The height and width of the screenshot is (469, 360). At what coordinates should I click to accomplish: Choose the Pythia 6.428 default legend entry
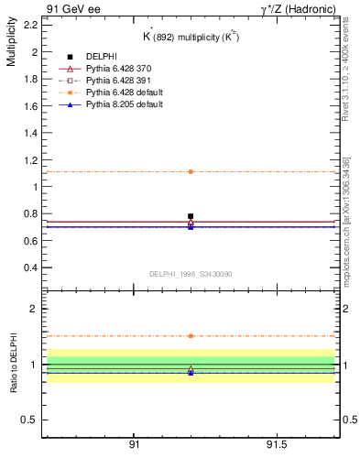115,93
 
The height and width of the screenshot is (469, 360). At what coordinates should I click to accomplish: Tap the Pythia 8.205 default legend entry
115,104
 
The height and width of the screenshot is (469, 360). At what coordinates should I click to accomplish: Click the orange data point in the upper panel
191,171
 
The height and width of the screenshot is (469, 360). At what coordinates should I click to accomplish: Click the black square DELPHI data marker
191,216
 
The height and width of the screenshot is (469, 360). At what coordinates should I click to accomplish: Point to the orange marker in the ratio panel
191,336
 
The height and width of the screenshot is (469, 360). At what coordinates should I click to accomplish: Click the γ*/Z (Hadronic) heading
298,8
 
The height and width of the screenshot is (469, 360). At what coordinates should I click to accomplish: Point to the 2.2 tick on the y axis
30,25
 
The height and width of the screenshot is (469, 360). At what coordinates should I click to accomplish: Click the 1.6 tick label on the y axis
30,105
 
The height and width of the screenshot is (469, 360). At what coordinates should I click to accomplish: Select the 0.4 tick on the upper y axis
30,267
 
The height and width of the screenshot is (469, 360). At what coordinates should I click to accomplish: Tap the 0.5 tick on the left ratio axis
30,420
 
